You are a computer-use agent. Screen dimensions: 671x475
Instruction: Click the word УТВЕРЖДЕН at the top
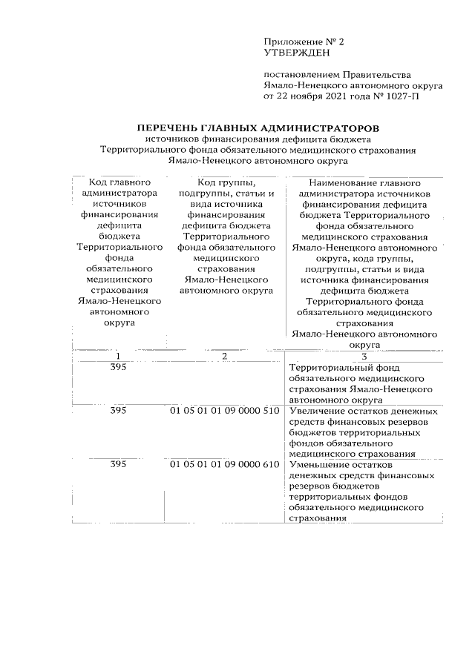click(x=295, y=53)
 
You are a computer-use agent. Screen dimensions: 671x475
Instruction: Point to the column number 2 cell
click(x=223, y=357)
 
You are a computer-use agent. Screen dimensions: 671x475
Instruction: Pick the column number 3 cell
click(x=364, y=357)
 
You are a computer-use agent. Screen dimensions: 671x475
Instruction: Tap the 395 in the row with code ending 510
click(x=118, y=410)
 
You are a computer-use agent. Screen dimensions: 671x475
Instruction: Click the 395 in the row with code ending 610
click(x=118, y=464)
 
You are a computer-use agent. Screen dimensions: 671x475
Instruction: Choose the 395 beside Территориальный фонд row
click(x=118, y=368)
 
